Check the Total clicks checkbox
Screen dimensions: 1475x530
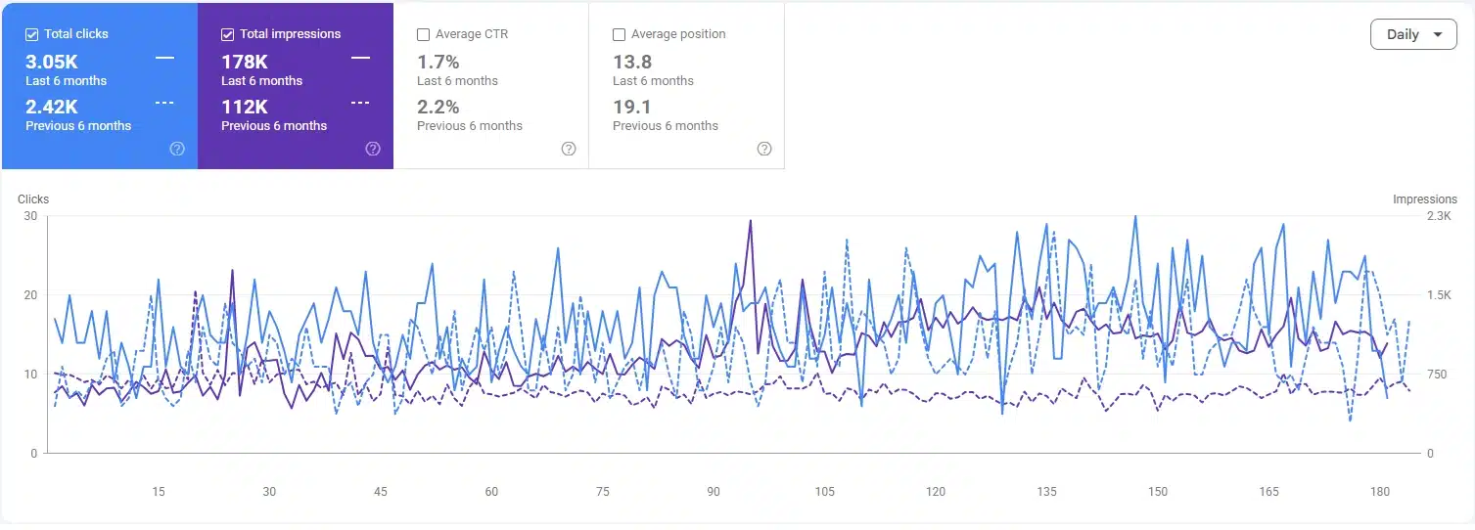click(31, 35)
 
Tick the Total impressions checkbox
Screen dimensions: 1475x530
click(227, 35)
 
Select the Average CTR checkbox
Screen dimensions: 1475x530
click(424, 35)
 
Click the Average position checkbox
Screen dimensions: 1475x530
click(619, 35)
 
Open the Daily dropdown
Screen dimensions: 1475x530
click(1413, 34)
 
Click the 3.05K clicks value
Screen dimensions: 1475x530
click(51, 62)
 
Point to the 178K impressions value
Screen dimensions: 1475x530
click(245, 62)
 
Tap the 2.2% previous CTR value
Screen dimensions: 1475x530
click(438, 107)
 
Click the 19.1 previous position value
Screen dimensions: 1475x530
click(632, 107)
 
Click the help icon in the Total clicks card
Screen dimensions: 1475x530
click(177, 149)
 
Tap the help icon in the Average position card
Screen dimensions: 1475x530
click(763, 149)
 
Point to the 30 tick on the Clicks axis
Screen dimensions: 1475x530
click(30, 216)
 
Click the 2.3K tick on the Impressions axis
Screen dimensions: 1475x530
click(1439, 216)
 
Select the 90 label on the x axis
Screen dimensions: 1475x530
click(714, 491)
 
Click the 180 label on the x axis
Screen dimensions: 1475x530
click(1379, 491)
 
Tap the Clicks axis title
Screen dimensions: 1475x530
click(33, 199)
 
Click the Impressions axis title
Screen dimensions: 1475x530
click(1425, 199)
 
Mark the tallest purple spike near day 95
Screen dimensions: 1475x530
click(750, 221)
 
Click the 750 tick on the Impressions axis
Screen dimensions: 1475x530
click(1437, 375)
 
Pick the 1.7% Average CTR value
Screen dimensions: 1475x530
click(438, 62)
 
